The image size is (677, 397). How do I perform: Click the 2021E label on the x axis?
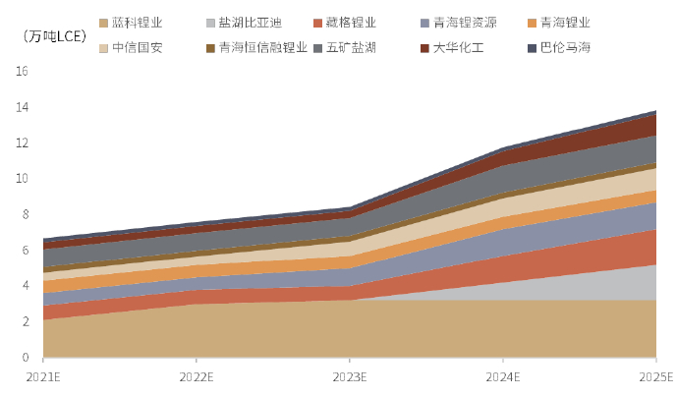[43, 377]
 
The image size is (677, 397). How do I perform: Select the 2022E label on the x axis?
[197, 377]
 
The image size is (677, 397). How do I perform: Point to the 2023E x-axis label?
[350, 377]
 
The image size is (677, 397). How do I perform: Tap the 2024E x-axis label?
[503, 377]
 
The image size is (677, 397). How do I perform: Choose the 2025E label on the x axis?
[655, 377]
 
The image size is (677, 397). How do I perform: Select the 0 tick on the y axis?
[26, 358]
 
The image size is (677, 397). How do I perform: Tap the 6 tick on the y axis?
[26, 251]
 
